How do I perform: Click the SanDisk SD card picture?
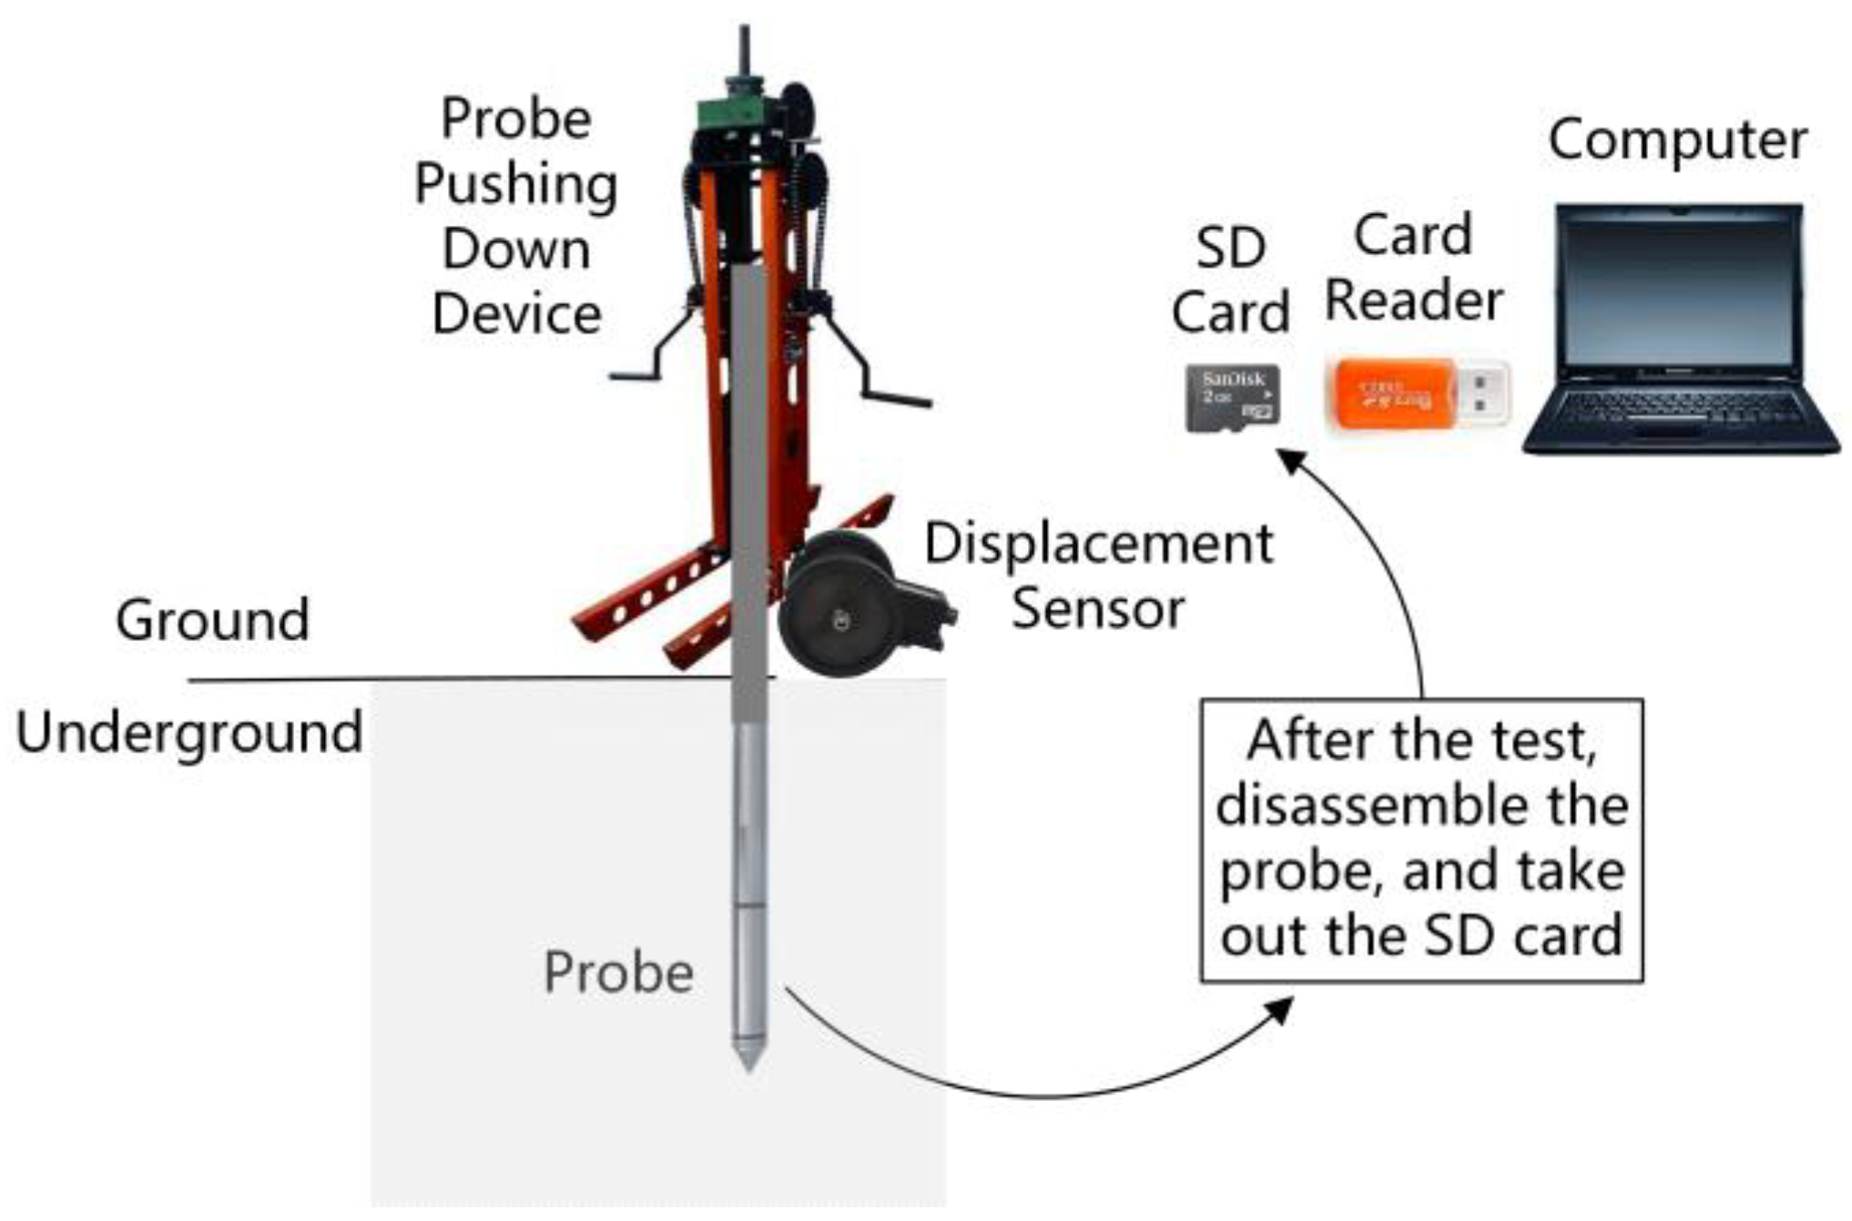coord(1232,398)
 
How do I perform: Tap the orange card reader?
coord(1393,394)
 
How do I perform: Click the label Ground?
coord(212,620)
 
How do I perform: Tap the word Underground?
coord(189,732)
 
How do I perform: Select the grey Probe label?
coord(618,972)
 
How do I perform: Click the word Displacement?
coord(1098,544)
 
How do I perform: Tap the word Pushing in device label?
coord(516,185)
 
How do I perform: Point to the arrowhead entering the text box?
coord(1280,1010)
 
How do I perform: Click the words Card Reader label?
coord(1412,268)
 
